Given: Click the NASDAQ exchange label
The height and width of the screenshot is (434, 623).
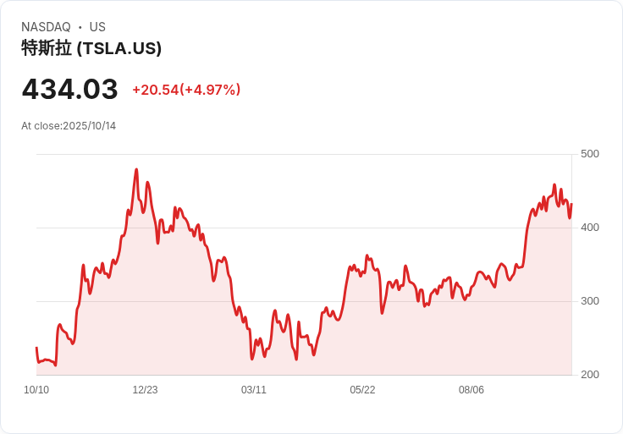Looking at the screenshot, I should point(46,27).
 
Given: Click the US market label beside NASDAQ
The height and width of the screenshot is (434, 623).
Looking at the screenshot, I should point(97,27).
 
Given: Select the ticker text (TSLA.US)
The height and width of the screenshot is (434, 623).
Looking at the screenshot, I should point(119,48).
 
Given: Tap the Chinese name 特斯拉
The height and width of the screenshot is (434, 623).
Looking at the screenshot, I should point(47,48).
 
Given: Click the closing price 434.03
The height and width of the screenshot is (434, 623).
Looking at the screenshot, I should point(69,89).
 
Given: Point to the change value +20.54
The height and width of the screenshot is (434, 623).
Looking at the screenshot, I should point(155,90).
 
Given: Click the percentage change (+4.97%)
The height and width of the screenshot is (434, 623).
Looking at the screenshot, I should point(212,90).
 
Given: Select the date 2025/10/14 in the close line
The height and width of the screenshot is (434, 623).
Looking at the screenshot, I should point(89,126).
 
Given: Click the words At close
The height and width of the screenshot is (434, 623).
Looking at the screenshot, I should point(41,126).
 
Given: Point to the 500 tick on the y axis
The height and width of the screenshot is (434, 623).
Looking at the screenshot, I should point(590,154).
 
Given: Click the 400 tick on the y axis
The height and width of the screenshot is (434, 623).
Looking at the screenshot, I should point(590,228).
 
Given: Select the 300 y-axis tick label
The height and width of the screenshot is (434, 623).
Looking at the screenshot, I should point(590,301).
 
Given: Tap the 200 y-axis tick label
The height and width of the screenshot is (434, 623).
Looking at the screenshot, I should point(590,375).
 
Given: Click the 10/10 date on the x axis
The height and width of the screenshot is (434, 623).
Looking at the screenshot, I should point(36,390).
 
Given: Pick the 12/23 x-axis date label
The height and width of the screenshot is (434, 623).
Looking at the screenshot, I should point(145,390).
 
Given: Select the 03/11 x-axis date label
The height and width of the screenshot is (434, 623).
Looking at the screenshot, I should point(254,390).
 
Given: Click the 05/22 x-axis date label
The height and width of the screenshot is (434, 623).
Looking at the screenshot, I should point(362,390).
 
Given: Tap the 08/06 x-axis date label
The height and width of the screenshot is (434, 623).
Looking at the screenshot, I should point(471,390).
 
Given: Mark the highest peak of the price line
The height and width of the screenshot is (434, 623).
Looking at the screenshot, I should point(136,169).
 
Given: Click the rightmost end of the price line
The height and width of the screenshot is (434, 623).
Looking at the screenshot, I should point(571,204).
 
